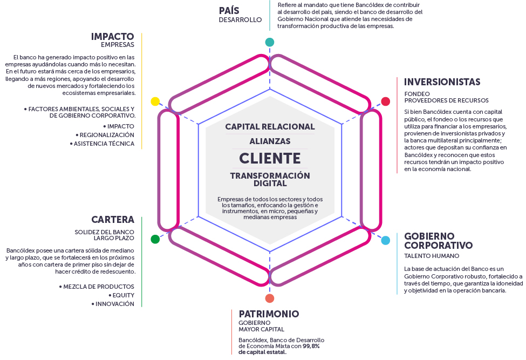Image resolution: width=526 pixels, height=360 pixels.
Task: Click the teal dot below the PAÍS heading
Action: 270,42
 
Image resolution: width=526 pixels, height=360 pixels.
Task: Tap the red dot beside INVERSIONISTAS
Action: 386,101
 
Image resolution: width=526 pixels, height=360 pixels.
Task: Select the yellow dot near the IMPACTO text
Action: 155,101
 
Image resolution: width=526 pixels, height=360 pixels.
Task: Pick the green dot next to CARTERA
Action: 155,239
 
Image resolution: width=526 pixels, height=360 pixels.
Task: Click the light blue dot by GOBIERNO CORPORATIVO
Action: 386,241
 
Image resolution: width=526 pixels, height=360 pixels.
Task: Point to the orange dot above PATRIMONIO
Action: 270,298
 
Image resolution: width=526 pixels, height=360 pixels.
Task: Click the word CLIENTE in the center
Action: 270,158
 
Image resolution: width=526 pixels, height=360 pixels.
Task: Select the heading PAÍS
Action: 229,10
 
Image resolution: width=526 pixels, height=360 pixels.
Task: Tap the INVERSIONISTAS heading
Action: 442,82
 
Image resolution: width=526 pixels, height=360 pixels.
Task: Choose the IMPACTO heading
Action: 113,36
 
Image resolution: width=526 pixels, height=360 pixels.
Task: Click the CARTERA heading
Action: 113,220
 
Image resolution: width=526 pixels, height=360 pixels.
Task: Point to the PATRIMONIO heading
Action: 269,314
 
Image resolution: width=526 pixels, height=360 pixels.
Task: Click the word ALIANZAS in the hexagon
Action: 270,141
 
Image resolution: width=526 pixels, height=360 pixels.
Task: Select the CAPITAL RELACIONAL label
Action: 270,127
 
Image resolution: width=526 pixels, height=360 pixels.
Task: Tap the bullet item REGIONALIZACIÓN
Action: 107,134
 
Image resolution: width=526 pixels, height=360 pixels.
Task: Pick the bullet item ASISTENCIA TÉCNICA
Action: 104,144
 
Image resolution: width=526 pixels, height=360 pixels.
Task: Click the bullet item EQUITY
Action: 123,295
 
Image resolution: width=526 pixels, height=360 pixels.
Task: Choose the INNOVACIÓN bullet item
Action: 114,304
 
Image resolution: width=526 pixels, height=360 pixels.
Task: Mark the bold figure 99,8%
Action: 311,346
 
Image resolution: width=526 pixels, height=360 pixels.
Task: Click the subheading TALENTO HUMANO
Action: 432,256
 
